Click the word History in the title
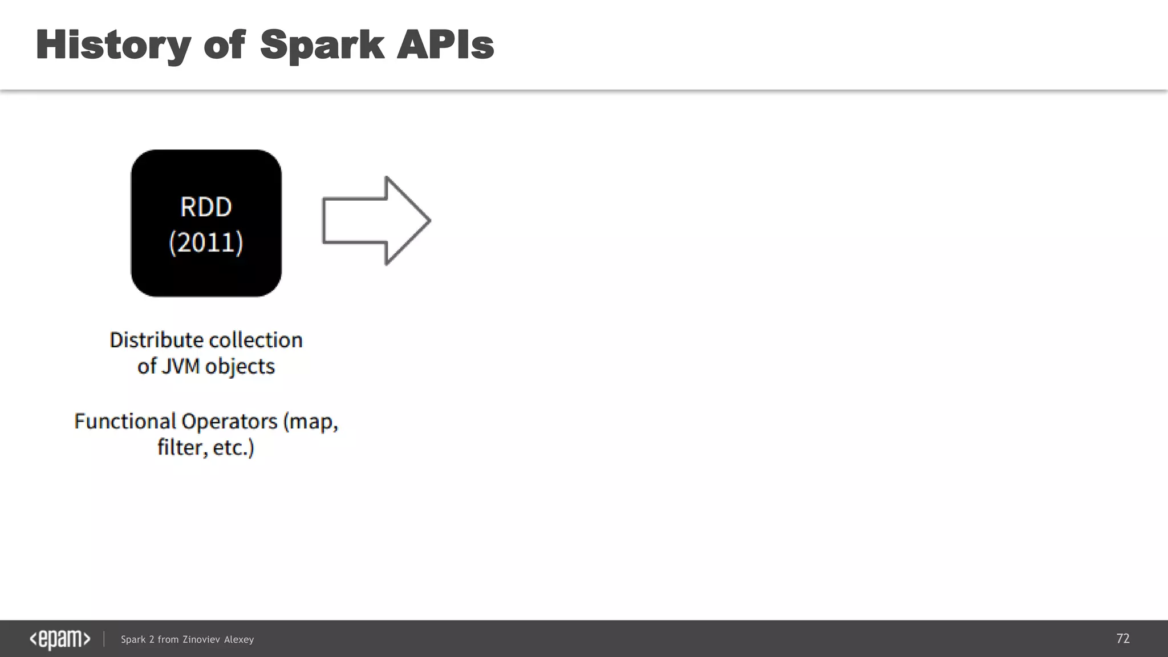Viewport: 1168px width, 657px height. (x=113, y=46)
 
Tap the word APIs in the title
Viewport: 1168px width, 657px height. (x=445, y=46)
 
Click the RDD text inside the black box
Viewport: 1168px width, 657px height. (x=206, y=206)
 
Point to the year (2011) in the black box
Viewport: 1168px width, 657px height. (x=206, y=242)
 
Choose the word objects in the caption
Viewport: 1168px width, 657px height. (x=240, y=366)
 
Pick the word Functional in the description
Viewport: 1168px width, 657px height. (x=125, y=421)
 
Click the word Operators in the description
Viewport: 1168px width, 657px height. (x=229, y=421)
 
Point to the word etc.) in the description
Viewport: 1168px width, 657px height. (x=233, y=448)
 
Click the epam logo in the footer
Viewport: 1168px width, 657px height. (x=60, y=639)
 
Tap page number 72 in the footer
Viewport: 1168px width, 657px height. (x=1122, y=639)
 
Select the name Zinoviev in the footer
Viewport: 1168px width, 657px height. (x=201, y=640)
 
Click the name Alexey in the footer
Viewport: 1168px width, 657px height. (x=239, y=640)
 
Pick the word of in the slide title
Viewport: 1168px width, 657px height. (x=224, y=46)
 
